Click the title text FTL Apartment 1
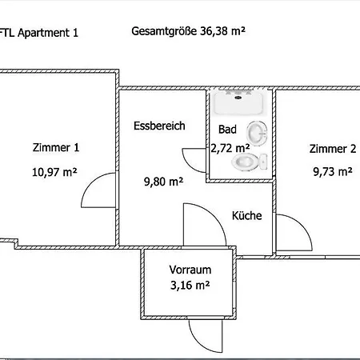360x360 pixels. click(x=39, y=33)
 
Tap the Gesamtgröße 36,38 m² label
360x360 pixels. click(x=188, y=31)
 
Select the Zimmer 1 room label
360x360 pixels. click(x=56, y=147)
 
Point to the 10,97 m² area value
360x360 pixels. click(x=54, y=172)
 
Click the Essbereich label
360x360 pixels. click(x=159, y=126)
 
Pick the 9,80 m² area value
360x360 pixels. click(x=163, y=182)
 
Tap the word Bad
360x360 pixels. click(x=227, y=130)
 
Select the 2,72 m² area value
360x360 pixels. click(x=230, y=148)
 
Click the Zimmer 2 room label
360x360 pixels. click(x=333, y=149)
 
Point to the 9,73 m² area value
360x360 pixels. click(x=333, y=171)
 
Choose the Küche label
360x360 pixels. click(x=247, y=215)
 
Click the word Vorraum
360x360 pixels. click(x=190, y=270)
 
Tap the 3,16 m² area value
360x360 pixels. click(x=190, y=286)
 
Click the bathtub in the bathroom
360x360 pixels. click(x=238, y=102)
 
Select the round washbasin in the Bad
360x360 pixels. click(x=257, y=134)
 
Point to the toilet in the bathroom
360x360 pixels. click(x=250, y=162)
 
